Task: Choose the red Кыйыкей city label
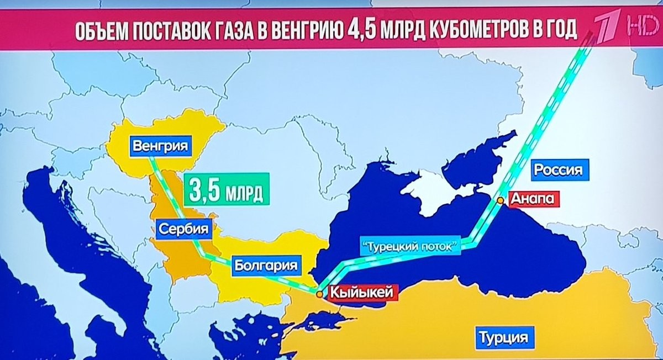click(361, 291)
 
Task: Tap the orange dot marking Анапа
click(500, 200)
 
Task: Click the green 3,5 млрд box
click(226, 189)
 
